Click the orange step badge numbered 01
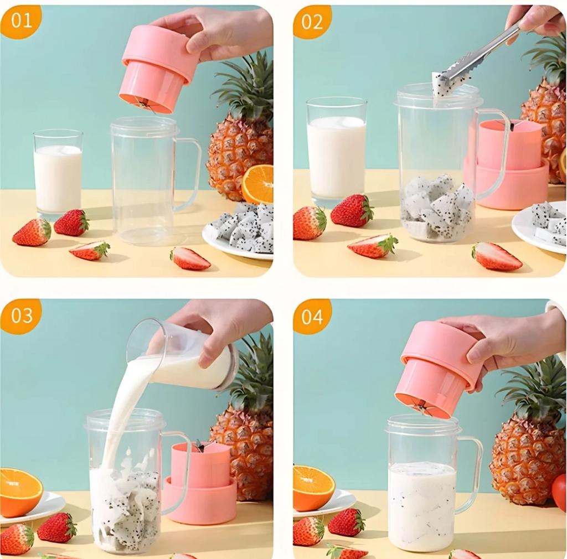coord(20,20)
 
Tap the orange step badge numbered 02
coord(312,22)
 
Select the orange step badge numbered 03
coord(21,315)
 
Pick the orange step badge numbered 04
coord(312,316)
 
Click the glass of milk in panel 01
coord(58,174)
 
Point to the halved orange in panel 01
coord(258,184)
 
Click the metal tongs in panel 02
coord(482,55)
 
